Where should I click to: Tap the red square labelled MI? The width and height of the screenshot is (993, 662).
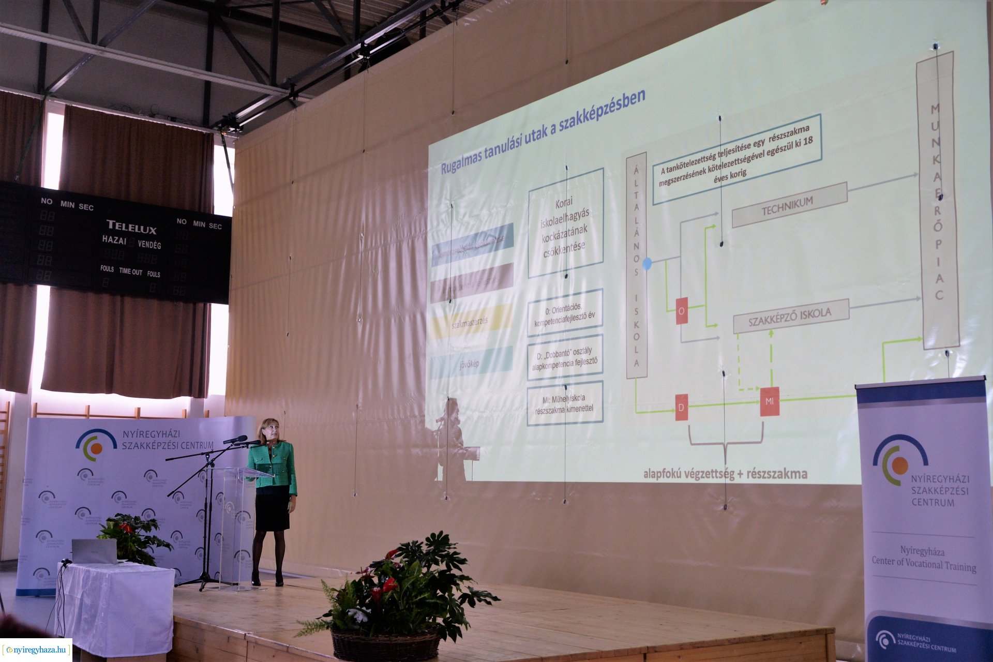click(769, 401)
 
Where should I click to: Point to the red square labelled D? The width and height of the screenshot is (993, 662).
click(682, 407)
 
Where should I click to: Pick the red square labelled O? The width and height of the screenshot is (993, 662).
click(682, 311)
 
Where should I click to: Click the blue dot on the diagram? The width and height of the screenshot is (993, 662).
click(647, 264)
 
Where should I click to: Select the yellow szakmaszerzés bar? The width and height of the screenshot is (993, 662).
click(471, 321)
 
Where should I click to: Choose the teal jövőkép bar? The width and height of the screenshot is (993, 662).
click(471, 363)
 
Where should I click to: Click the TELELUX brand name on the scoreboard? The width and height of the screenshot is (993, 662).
click(131, 227)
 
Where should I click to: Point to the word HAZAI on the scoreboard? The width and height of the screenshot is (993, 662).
click(114, 240)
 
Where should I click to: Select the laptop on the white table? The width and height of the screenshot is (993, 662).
click(94, 551)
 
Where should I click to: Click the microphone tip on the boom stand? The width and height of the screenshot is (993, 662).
click(240, 439)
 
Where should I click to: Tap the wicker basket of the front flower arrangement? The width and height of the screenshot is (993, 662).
click(385, 645)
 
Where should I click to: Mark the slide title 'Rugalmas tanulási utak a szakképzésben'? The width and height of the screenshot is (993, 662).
click(543, 133)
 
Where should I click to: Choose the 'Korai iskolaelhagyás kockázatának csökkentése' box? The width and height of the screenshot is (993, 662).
click(565, 223)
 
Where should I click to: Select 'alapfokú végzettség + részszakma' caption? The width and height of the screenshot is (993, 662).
click(725, 473)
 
